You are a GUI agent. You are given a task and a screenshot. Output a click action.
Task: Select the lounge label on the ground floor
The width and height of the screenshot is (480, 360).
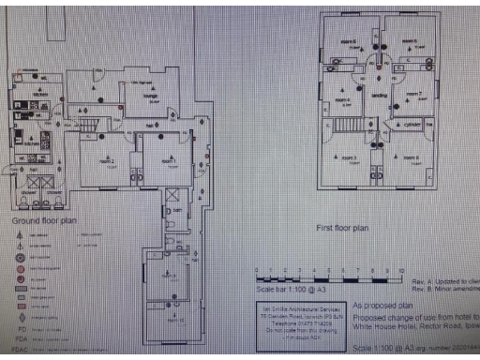[149, 96]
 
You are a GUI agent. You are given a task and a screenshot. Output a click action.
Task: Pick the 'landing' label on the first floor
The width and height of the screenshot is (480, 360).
[380, 96]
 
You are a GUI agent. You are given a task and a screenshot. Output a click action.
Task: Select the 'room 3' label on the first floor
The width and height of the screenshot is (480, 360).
[349, 157]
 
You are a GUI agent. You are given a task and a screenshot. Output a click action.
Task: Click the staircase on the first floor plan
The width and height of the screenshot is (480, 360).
[351, 124]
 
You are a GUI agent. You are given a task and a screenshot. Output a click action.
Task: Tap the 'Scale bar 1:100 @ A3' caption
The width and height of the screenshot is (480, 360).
[287, 294]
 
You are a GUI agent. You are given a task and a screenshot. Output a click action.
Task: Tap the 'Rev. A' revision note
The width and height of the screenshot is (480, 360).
[442, 280]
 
